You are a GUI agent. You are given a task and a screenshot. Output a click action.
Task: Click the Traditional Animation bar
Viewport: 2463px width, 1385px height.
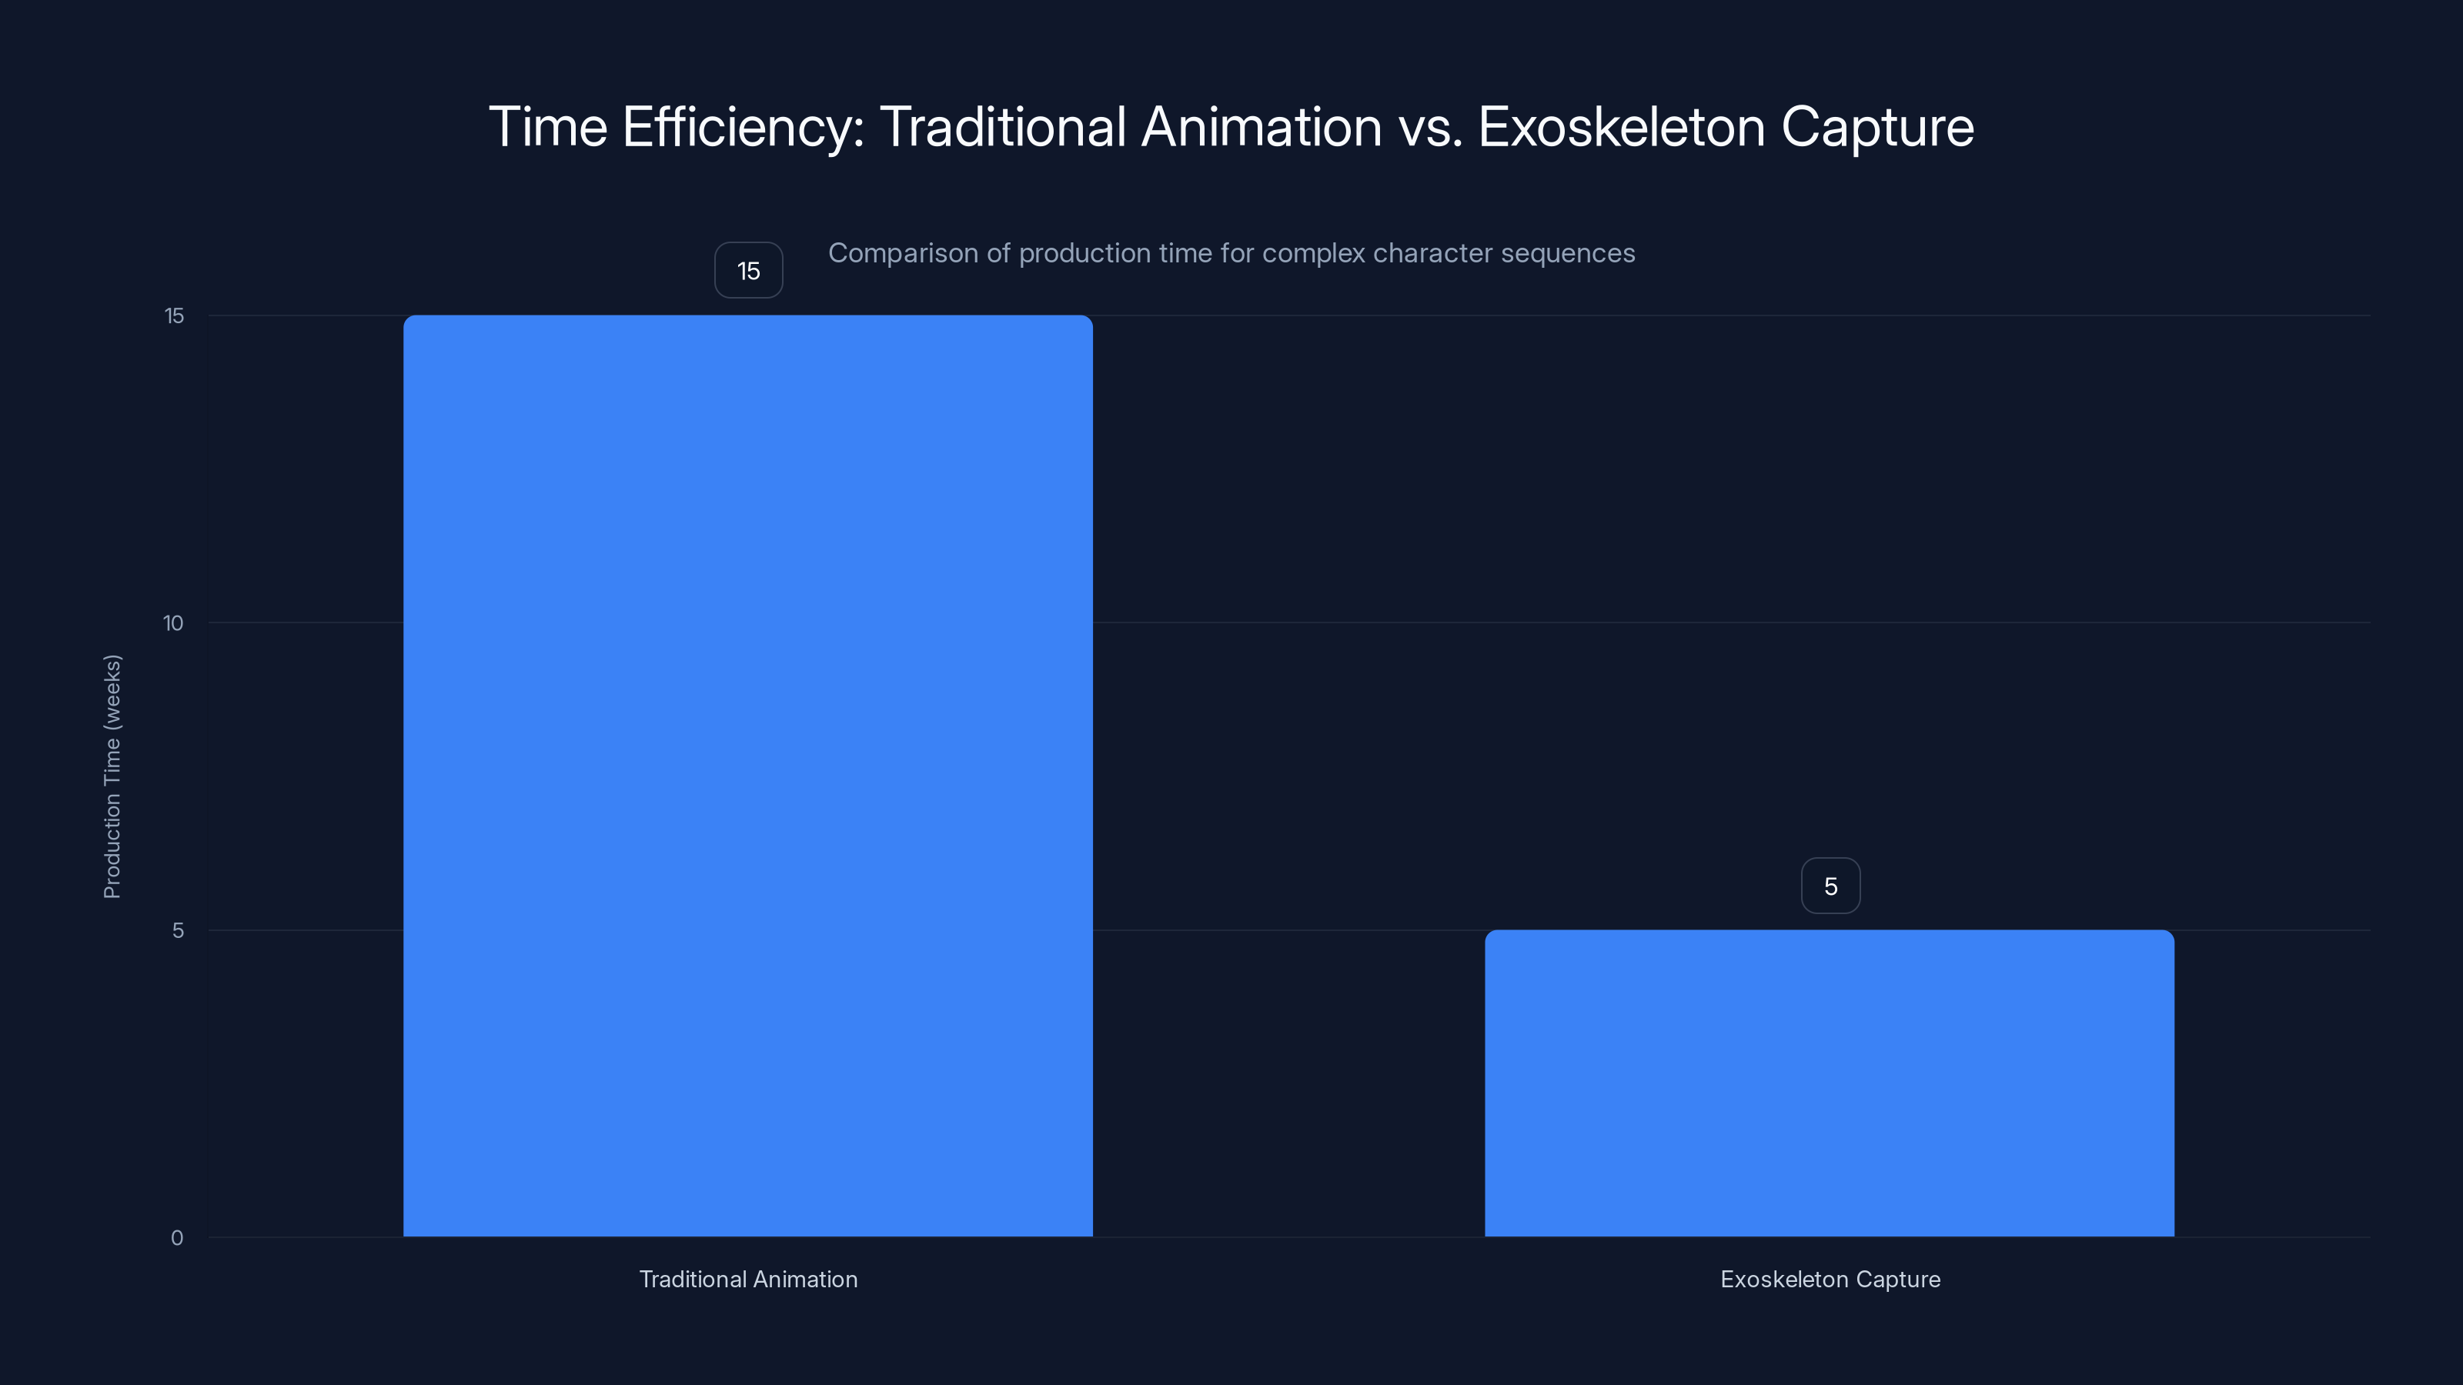tap(747, 775)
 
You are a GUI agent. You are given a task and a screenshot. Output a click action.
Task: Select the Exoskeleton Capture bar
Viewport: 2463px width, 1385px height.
tap(1829, 1083)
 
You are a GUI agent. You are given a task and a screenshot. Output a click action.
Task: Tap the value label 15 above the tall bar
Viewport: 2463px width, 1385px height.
tap(749, 271)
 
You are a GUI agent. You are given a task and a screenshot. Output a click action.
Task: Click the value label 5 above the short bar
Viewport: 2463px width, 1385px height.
tap(1830, 886)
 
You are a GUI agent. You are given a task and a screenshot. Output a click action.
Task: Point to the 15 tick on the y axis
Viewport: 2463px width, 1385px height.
tap(174, 315)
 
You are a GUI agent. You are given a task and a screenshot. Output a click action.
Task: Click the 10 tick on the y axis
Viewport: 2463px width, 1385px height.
tap(173, 623)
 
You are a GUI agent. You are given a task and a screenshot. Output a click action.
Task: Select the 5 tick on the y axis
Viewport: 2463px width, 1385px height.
tap(178, 930)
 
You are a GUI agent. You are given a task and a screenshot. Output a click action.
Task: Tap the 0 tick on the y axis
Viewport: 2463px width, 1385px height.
tap(177, 1238)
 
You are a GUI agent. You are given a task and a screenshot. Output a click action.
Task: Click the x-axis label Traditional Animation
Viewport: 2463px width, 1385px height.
tap(747, 1279)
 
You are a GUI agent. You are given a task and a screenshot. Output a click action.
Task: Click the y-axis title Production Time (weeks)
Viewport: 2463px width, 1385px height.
tap(112, 776)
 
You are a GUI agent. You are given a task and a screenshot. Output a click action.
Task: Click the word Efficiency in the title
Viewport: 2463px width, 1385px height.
tap(743, 127)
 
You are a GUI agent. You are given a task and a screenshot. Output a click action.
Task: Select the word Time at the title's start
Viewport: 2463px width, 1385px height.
tap(548, 127)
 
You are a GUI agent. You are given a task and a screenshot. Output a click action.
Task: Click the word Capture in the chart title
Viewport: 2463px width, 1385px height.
tap(1877, 127)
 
